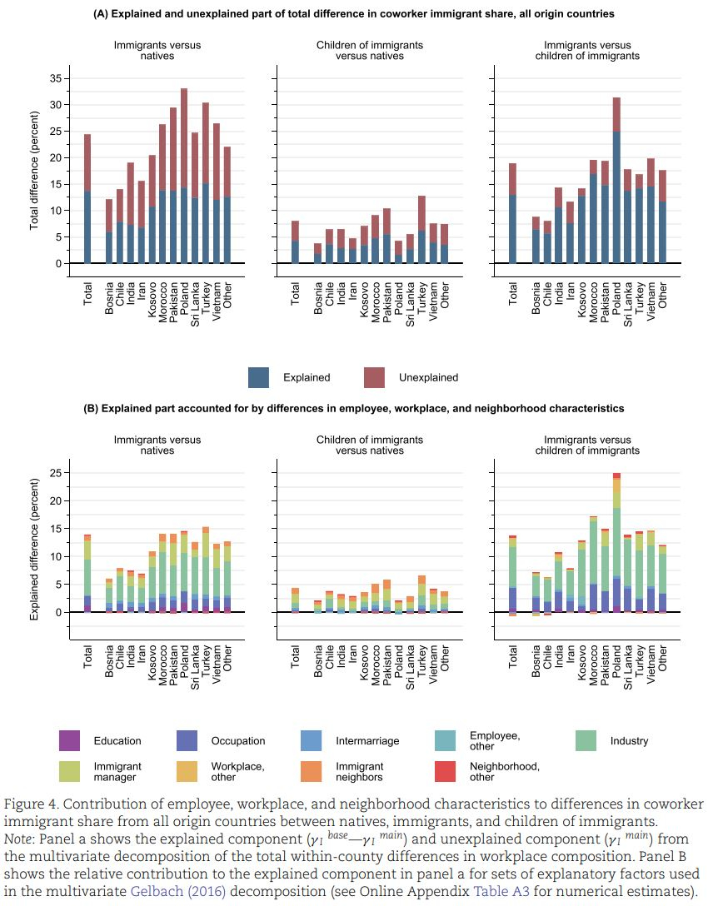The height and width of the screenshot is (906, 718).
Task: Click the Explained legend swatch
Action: pyautogui.click(x=259, y=377)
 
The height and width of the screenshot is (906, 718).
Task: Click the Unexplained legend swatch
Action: pyautogui.click(x=375, y=377)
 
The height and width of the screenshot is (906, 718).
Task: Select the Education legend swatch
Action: pyautogui.click(x=70, y=740)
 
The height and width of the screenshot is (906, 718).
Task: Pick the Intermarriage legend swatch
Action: pyautogui.click(x=311, y=740)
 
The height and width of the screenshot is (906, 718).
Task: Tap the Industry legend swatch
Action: pyautogui.click(x=587, y=740)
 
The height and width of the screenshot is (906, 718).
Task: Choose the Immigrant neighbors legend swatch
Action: pyautogui.click(x=311, y=771)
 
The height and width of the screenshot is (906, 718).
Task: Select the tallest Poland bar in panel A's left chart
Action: pyautogui.click(x=184, y=176)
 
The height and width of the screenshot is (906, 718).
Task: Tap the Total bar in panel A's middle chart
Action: pyautogui.click(x=295, y=241)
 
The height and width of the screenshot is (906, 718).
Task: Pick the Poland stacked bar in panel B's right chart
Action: pyautogui.click(x=617, y=542)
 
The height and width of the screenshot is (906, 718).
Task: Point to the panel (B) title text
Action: pyautogui.click(x=352, y=409)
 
